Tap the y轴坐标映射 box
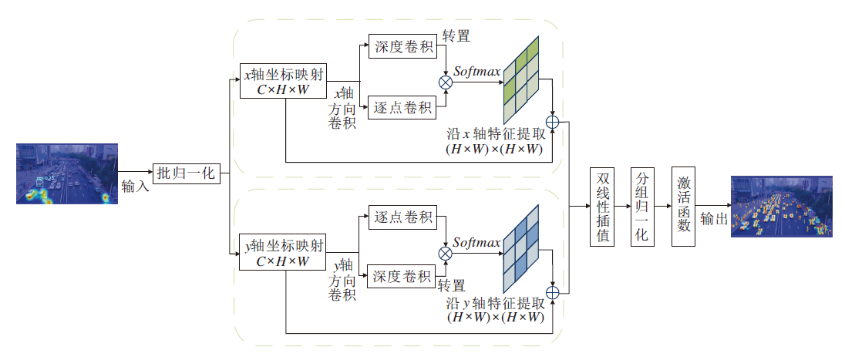(x=283, y=254)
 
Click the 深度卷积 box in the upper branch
(x=402, y=46)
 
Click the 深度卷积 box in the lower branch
(x=402, y=275)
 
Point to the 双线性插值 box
(x=604, y=206)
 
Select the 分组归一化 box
(x=641, y=206)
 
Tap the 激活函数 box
(x=684, y=206)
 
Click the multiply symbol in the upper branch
(x=445, y=81)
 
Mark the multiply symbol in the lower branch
(x=445, y=252)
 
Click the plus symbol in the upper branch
(x=552, y=121)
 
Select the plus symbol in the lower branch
(x=552, y=292)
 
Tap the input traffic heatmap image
(x=67, y=173)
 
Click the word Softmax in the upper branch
(x=477, y=72)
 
